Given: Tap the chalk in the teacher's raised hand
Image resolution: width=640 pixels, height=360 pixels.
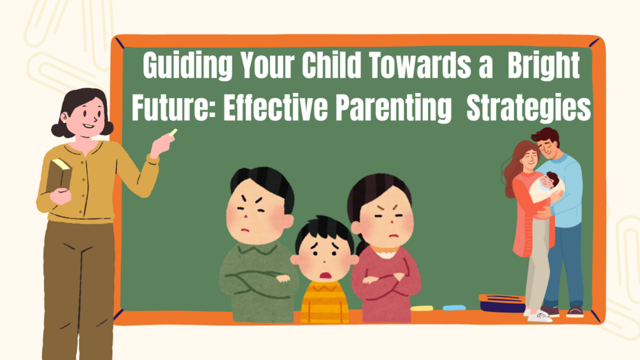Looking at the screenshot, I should (x=173, y=133).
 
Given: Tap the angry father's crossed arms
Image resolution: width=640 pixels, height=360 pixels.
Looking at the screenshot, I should (x=259, y=278).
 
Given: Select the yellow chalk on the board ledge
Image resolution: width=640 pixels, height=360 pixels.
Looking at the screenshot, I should (x=422, y=308).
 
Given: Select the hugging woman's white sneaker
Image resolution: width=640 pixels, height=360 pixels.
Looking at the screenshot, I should (x=539, y=315).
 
